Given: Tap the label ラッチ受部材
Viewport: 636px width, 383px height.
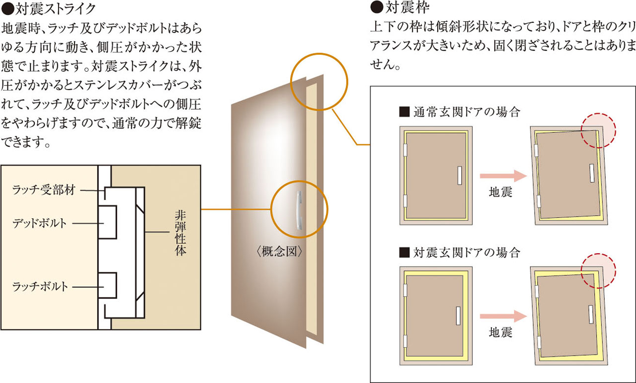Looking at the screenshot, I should coord(45,190).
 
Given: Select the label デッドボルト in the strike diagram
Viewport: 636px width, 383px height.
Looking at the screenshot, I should coord(39,223).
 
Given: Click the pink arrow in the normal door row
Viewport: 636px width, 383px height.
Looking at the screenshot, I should coord(503,176).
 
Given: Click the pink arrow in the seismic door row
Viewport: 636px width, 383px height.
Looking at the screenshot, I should coord(503,315).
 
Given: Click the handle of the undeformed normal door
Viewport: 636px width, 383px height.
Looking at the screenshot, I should coord(459,175).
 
